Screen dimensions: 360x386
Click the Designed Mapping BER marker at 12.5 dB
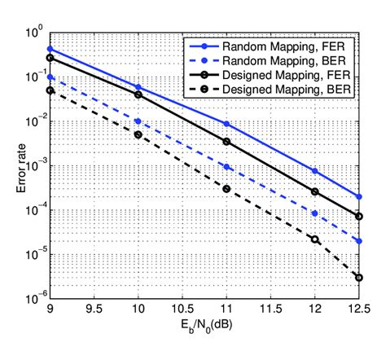(358, 278)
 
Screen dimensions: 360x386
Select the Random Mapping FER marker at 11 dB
(226, 124)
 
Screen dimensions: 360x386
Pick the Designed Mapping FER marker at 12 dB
(314, 191)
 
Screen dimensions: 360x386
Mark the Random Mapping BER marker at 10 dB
(138, 121)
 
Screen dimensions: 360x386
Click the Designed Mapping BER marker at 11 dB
(226, 189)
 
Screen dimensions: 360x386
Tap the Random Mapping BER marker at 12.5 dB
(358, 241)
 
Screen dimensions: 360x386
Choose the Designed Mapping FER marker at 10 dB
(138, 94)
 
